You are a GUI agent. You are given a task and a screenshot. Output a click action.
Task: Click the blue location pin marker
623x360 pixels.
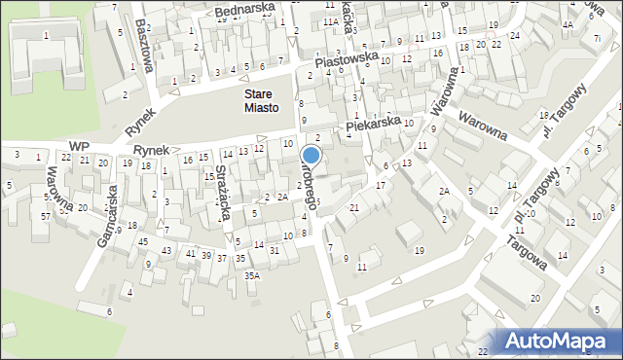(311, 156)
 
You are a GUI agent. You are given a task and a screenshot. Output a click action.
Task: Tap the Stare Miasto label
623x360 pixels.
(261, 101)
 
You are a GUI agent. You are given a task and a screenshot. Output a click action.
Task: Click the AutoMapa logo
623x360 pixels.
(560, 340)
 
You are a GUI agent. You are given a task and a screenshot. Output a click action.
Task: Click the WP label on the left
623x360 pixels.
(79, 145)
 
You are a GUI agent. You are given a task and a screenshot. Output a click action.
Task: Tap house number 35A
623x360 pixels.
(252, 275)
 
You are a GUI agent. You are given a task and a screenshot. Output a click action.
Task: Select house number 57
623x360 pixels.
(46, 215)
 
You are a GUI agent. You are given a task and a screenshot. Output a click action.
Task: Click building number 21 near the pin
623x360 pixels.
(354, 207)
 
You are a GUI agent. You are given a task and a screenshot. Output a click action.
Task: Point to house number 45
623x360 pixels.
(143, 241)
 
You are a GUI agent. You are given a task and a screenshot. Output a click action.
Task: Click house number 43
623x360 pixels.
(166, 251)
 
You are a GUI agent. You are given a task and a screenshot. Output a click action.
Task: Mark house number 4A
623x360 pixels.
(568, 24)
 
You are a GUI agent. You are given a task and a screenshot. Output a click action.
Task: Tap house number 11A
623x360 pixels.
(332, 20)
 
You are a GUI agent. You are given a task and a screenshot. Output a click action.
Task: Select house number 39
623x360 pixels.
(205, 254)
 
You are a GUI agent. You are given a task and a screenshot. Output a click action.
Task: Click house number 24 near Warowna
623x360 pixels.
(514, 36)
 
